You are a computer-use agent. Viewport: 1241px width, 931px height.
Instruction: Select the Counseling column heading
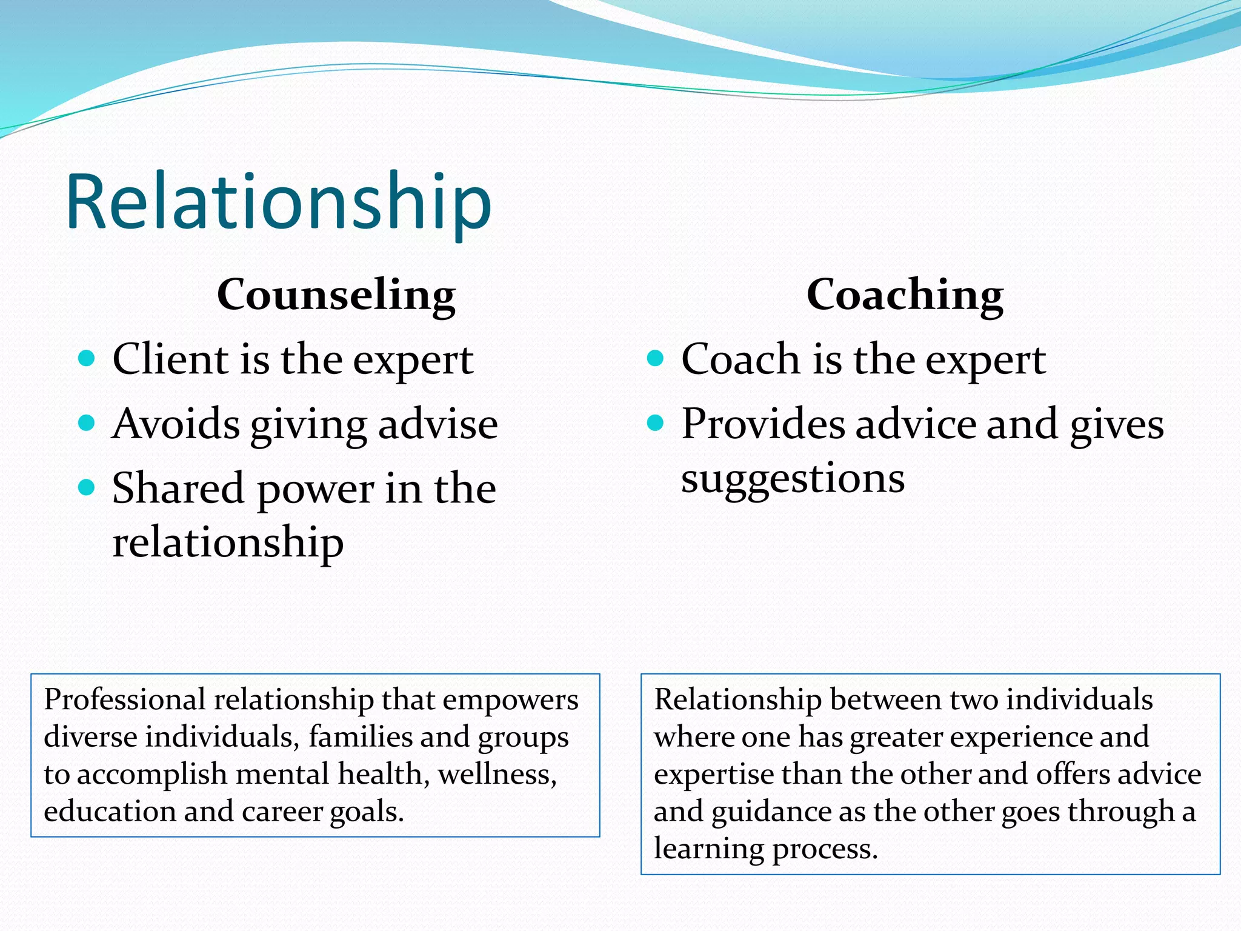pyautogui.click(x=336, y=295)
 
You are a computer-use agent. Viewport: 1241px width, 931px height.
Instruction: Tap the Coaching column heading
pyautogui.click(x=905, y=295)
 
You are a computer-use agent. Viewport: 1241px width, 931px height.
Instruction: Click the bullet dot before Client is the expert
pyautogui.click(x=87, y=358)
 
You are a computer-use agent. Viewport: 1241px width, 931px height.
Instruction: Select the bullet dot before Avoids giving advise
pyautogui.click(x=87, y=422)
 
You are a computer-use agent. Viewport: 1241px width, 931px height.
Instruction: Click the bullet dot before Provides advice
pyautogui.click(x=656, y=422)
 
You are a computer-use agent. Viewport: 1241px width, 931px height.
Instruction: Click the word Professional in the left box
pyautogui.click(x=125, y=700)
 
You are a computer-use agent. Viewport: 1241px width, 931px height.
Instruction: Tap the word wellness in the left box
pyautogui.click(x=496, y=775)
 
